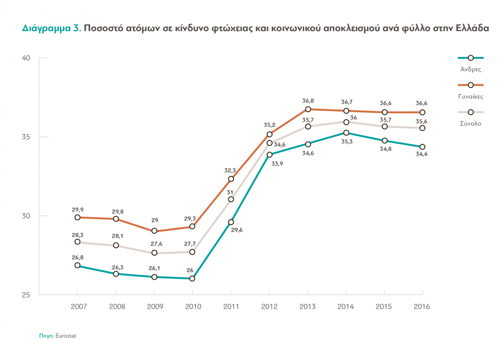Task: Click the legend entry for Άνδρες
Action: tap(470, 68)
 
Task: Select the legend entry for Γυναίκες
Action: tap(470, 96)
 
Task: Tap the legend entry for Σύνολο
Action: tap(470, 124)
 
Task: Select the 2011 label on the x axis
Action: tap(231, 307)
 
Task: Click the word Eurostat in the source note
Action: tap(66, 336)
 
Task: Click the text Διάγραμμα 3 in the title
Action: tap(51, 29)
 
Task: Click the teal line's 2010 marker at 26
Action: tap(192, 279)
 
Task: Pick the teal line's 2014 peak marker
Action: tap(346, 133)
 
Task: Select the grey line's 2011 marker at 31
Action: tap(231, 199)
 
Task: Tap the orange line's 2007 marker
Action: tap(77, 217)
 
